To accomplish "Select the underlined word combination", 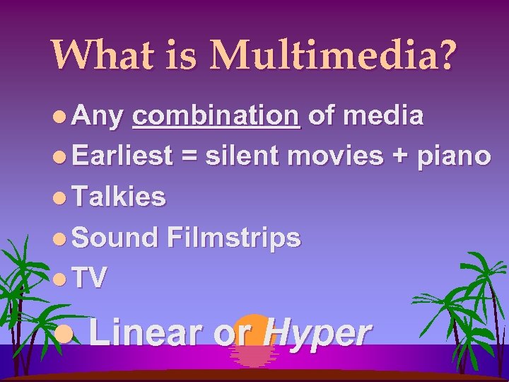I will (216, 115).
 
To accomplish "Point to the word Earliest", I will (122, 156).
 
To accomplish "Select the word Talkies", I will (119, 197).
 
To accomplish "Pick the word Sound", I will (115, 238).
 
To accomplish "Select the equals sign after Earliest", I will (189, 156).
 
